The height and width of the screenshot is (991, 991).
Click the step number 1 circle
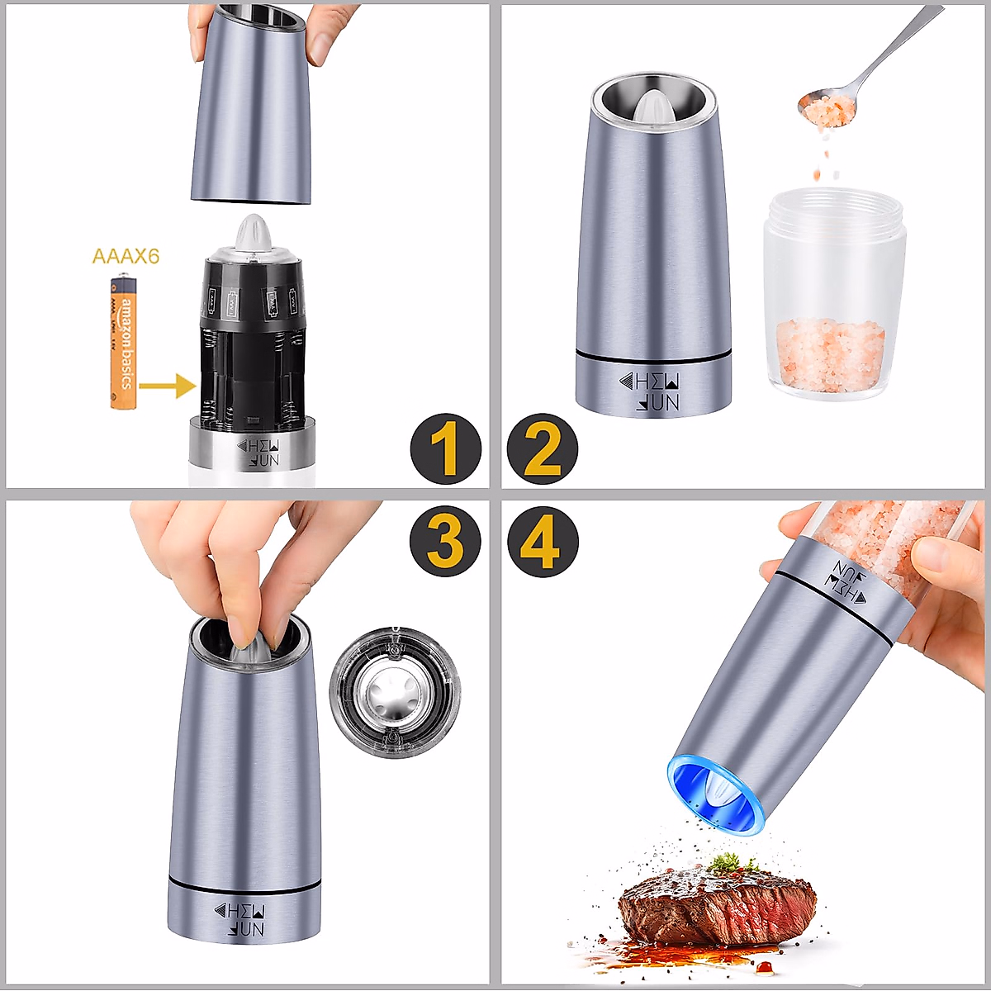(x=445, y=449)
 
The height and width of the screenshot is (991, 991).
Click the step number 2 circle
(x=543, y=449)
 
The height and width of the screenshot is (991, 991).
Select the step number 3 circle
(x=445, y=542)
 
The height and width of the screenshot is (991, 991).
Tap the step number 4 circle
(x=543, y=542)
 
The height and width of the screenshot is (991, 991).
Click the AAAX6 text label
(x=126, y=256)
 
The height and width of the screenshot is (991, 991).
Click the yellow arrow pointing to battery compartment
(x=167, y=385)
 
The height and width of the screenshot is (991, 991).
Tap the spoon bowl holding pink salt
(x=826, y=110)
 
